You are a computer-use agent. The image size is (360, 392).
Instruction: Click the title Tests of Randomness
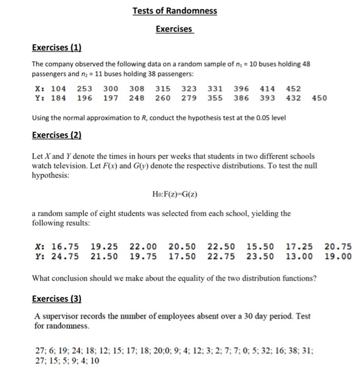[175, 11]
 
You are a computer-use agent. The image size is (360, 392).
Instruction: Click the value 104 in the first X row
[58, 89]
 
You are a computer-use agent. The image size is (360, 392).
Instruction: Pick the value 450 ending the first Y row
[319, 99]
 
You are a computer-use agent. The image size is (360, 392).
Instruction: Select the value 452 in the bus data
[293, 89]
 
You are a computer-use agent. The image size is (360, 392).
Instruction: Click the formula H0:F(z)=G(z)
[175, 194]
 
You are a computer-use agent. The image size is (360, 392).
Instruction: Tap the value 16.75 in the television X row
[65, 246]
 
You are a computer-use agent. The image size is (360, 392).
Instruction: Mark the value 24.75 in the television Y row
[65, 256]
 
